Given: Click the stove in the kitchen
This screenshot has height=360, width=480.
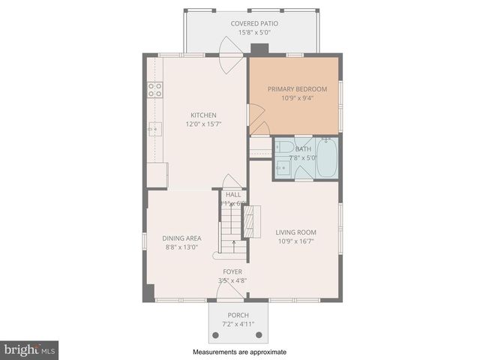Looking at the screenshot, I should (x=155, y=90).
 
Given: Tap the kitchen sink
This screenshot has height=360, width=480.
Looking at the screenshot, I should (x=155, y=129).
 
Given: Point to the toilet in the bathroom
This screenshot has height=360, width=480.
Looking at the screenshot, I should (x=288, y=148).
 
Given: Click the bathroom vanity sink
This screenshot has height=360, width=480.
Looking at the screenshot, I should (x=282, y=169).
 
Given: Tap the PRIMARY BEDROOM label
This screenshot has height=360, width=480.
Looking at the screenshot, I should (x=298, y=88).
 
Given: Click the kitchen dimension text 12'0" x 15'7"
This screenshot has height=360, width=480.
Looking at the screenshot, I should (x=204, y=124).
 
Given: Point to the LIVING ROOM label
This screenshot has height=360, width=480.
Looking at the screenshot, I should (x=295, y=232).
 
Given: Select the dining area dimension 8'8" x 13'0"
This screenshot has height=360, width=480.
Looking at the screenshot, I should (x=182, y=247).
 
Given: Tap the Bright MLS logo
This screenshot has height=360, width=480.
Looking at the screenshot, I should (x=30, y=349).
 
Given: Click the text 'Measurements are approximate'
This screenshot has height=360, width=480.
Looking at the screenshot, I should (x=239, y=352).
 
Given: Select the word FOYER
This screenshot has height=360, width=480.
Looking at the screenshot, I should (x=232, y=271).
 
